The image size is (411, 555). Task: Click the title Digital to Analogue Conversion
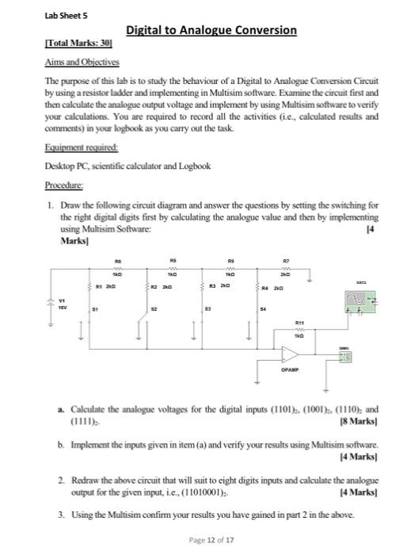pyautogui.click(x=211, y=31)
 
